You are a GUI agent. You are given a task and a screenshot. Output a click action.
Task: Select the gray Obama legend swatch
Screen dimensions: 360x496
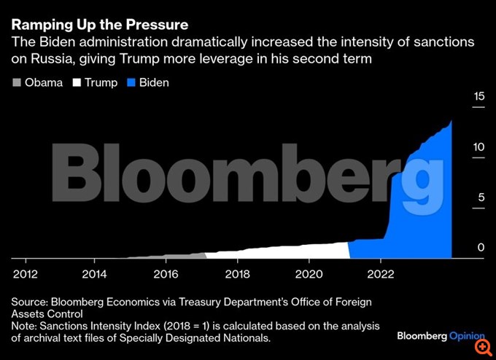[16, 82]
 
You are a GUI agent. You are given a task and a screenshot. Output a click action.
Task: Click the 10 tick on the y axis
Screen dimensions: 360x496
[478, 146]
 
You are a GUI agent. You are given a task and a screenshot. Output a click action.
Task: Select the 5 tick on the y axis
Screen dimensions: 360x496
[480, 197]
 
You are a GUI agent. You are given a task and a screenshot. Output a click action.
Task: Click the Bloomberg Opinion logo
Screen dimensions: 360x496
[441, 336]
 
